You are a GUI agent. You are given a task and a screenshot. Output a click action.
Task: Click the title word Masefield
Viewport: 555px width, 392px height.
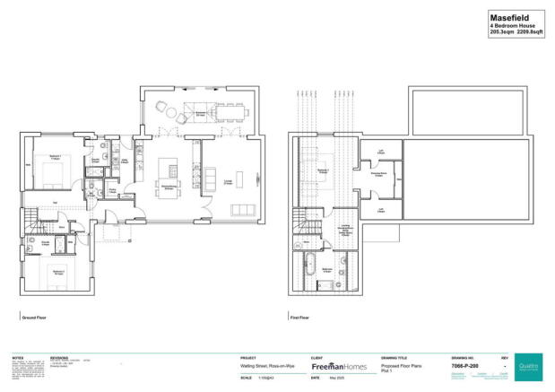[x=507, y=17]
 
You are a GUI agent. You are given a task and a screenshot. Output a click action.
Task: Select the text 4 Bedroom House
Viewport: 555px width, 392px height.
[x=513, y=25]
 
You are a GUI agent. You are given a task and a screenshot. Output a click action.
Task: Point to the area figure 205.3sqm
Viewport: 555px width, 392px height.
[x=502, y=31]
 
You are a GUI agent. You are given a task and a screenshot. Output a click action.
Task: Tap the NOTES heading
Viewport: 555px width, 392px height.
[x=18, y=356]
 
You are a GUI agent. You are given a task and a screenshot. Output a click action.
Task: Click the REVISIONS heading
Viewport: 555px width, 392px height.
[x=60, y=356]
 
